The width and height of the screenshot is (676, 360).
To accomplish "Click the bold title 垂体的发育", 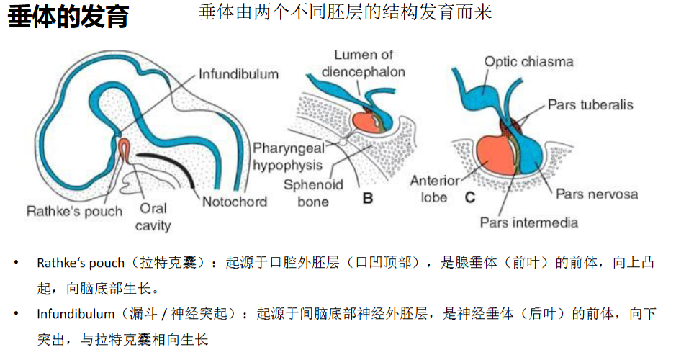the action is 68,17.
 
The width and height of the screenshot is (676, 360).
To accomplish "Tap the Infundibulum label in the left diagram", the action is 238,74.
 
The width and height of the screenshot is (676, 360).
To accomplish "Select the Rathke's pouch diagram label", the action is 75,211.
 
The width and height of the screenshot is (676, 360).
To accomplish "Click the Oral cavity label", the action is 153,217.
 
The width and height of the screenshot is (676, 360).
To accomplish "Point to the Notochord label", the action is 235,202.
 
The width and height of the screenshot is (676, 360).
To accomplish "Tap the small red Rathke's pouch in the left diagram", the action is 124,150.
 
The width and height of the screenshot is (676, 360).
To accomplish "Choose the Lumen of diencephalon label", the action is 363,63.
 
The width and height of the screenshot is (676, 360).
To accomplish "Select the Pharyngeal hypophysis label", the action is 288,156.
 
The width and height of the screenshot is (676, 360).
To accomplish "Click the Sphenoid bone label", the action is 313,193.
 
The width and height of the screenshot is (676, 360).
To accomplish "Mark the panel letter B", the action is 368,198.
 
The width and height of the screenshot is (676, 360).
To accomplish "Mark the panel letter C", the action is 470,197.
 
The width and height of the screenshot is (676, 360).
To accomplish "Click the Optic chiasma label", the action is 528,62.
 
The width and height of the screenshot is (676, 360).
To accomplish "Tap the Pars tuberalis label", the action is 590,105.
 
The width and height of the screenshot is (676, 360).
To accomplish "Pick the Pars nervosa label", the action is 597,194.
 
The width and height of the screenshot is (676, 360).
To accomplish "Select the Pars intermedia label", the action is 529,222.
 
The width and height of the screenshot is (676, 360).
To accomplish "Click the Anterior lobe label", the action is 435,189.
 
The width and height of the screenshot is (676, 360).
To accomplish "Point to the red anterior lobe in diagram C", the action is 495,156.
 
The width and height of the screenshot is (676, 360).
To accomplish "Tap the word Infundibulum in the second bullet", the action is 76,313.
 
